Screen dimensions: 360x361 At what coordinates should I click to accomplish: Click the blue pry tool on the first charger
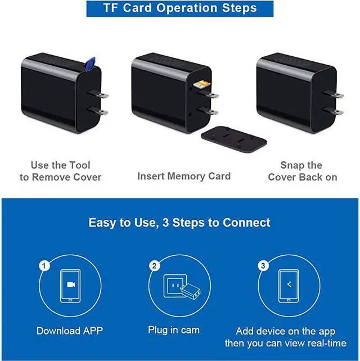(x=90, y=63)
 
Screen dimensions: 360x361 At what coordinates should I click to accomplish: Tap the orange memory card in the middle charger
(x=202, y=84)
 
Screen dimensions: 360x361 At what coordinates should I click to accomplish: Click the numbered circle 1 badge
(x=44, y=266)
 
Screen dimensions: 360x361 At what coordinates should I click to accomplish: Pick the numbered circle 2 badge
(x=154, y=266)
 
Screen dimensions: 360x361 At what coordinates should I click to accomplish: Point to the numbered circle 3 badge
(x=263, y=266)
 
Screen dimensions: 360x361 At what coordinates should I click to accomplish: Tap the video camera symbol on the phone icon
(x=71, y=285)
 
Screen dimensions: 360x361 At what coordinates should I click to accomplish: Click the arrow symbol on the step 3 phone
(x=289, y=285)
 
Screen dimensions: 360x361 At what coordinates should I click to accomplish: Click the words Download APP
(x=70, y=331)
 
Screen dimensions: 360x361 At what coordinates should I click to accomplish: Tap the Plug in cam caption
(x=174, y=330)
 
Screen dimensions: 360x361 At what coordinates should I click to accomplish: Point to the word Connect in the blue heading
(x=246, y=223)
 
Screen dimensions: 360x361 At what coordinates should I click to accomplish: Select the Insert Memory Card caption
(x=184, y=177)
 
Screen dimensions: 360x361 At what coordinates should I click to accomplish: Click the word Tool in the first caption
(x=80, y=165)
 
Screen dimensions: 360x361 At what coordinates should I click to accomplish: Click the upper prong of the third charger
(x=333, y=94)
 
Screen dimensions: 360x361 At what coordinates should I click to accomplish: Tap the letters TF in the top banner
(x=111, y=8)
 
